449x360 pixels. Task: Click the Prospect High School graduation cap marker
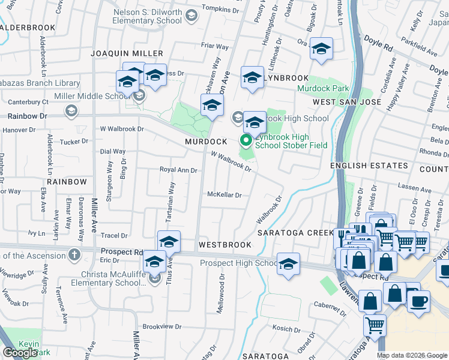(288, 264)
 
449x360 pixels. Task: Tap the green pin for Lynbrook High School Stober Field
(246, 141)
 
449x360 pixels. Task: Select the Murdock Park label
(324, 88)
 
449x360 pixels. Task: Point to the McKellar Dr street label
(224, 195)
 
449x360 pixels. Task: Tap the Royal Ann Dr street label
(178, 170)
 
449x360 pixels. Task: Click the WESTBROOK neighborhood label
(225, 245)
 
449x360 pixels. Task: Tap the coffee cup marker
(418, 300)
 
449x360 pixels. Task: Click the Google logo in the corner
(20, 353)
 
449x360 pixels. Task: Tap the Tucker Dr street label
(75, 142)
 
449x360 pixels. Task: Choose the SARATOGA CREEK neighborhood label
(295, 233)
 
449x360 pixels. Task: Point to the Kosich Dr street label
(285, 329)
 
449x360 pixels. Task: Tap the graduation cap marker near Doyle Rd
(321, 49)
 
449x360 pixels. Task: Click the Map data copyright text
(411, 355)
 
